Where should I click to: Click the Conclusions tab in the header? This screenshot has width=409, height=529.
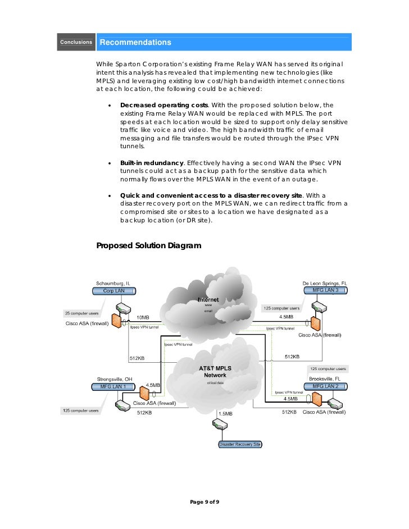[x=76, y=42]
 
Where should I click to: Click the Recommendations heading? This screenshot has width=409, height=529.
[x=135, y=43]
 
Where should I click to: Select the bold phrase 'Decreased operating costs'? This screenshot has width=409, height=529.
[x=164, y=105]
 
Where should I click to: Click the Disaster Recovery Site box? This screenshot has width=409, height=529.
[x=240, y=444]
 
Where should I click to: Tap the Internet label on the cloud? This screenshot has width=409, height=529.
[x=208, y=300]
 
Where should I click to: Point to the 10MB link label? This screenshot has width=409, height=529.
[x=143, y=317]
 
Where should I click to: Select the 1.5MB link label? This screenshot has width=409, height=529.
[x=225, y=414]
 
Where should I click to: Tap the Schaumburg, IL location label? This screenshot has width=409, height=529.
[x=113, y=283]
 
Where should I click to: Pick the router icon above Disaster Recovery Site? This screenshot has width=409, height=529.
[x=219, y=426]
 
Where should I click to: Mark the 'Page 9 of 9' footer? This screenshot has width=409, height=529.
[x=204, y=501]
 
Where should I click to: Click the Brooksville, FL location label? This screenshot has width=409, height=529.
[x=325, y=378]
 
